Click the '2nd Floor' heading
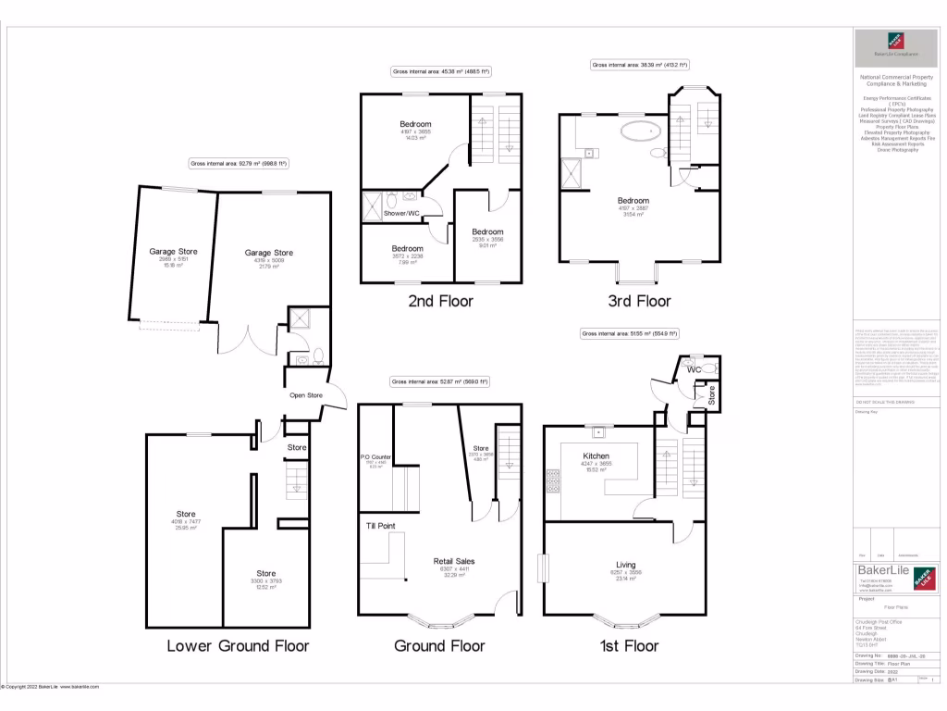tap(441, 301)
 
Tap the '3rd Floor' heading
tap(639, 301)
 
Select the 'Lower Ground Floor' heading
tap(238, 645)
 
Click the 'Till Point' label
tap(381, 526)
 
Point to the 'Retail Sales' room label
tap(453, 561)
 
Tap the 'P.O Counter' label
tap(376, 456)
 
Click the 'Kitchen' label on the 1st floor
tap(595, 455)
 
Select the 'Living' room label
tap(626, 565)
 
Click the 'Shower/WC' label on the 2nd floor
tap(401, 214)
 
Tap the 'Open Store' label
tap(306, 396)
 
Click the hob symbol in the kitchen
tap(554, 481)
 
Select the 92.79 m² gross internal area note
tap(240, 163)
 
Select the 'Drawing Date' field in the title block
tap(869, 672)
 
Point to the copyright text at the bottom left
tap(51, 687)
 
